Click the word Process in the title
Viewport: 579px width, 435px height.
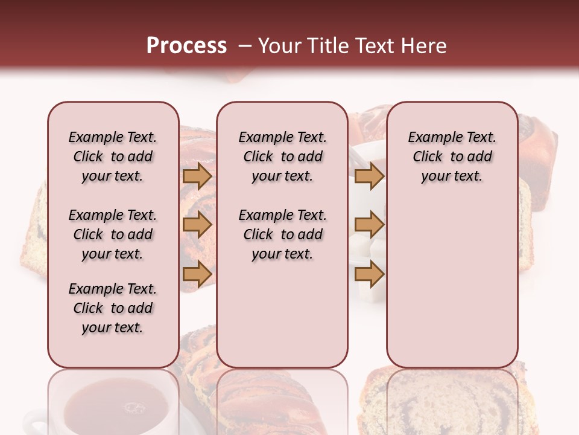click(186, 46)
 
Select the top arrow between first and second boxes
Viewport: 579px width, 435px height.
click(197, 176)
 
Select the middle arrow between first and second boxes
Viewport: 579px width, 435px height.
click(197, 225)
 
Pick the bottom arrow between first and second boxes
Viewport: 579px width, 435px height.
click(197, 274)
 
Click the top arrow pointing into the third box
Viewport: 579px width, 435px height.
click(369, 176)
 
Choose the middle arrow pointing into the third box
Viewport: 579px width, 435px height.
click(369, 225)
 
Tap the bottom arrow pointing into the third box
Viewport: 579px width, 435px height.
click(369, 274)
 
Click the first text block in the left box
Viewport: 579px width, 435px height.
click(113, 156)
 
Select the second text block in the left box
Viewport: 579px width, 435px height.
click(113, 234)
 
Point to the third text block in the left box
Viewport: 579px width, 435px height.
click(113, 308)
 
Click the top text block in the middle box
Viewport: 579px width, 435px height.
click(282, 156)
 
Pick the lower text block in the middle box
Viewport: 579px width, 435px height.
click(282, 234)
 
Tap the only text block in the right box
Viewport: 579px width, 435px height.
click(452, 156)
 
